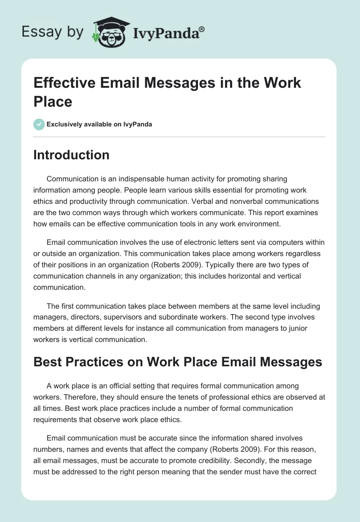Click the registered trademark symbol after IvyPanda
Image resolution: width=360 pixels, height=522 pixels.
202,29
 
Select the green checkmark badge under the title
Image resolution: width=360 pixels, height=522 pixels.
39,124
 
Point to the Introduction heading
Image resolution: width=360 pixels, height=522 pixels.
72,155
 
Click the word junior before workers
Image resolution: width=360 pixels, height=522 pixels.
297,328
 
